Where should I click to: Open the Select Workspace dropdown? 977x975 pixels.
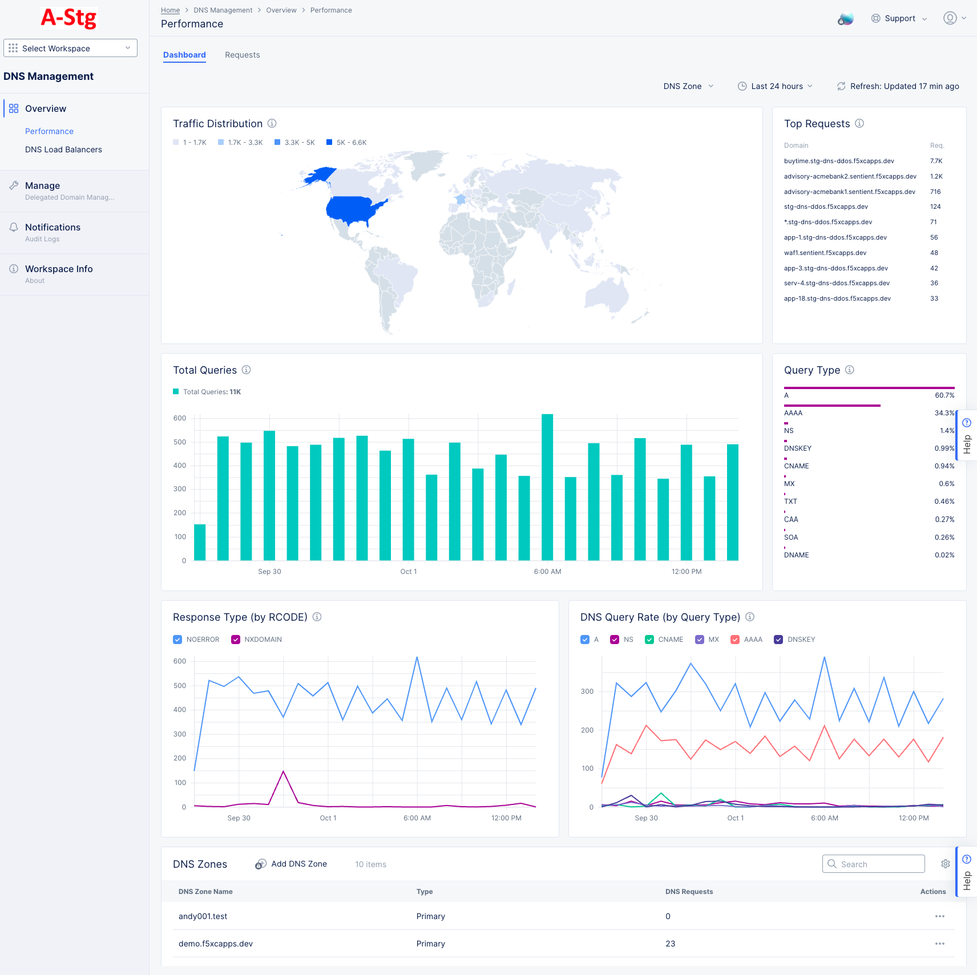(x=70, y=48)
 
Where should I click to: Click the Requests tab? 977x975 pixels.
(x=242, y=55)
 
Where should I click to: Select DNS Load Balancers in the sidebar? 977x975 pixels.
(x=63, y=149)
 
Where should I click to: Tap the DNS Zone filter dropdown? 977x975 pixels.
(x=688, y=86)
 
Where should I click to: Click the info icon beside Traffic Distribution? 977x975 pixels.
(x=272, y=123)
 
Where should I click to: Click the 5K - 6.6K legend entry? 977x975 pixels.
(x=346, y=143)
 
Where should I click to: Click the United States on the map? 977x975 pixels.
(x=354, y=210)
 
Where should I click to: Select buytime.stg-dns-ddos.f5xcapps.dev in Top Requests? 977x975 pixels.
(x=838, y=161)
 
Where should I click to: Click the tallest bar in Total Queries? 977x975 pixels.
(x=547, y=485)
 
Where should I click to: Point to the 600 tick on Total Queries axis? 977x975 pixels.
(x=180, y=418)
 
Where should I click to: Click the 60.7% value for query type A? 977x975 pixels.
(x=944, y=395)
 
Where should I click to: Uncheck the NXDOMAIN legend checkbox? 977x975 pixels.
(x=236, y=640)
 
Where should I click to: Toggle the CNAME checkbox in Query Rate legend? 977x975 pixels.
(x=649, y=640)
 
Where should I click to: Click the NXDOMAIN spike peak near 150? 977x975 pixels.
(x=284, y=772)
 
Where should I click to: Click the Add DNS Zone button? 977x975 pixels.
(x=292, y=864)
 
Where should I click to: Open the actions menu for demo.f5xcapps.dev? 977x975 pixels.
(x=939, y=944)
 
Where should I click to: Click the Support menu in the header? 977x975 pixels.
(x=899, y=18)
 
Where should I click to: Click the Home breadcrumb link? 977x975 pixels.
(x=170, y=10)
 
